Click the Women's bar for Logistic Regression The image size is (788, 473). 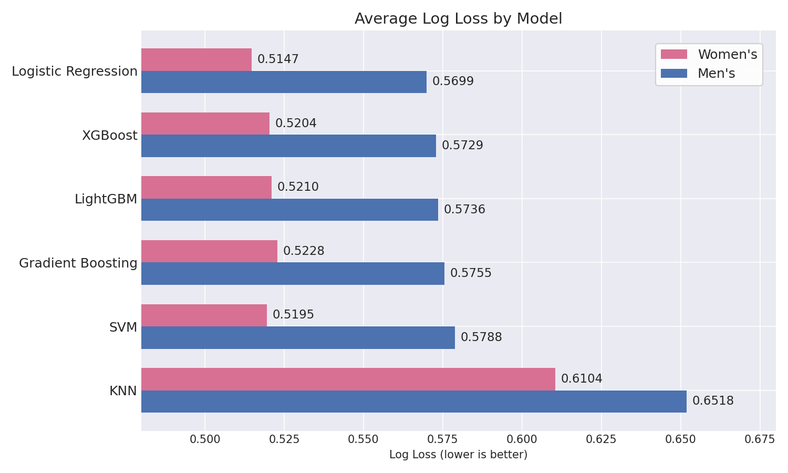[x=196, y=59]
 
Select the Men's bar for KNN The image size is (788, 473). [x=413, y=402]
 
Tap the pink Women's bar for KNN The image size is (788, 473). [x=348, y=379]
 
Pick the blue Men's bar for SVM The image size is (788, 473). [x=298, y=337]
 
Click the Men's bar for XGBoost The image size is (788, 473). [x=288, y=146]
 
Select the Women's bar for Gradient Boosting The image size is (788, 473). [x=209, y=251]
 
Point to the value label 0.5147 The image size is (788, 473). [x=278, y=59]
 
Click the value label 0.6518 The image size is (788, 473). [x=713, y=401]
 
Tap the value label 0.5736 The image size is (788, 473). [x=464, y=210]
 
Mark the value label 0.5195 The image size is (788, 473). [x=293, y=315]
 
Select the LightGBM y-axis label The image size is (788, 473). [x=106, y=199]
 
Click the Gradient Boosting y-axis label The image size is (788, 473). [x=78, y=263]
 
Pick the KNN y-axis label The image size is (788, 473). [x=123, y=391]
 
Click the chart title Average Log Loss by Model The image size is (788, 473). [x=458, y=19]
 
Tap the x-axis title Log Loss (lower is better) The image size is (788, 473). [x=458, y=455]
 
